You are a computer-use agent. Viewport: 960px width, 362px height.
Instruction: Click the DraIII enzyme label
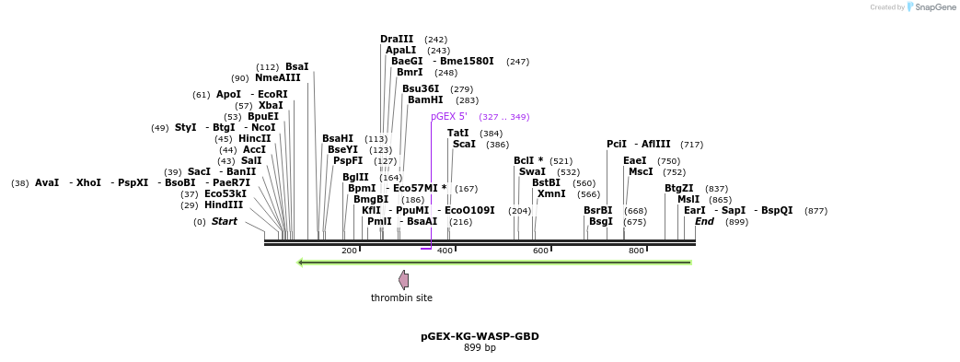tap(397, 39)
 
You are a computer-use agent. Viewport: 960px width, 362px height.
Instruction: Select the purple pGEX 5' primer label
tap(449, 117)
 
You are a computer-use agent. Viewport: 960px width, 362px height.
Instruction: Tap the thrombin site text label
tap(401, 298)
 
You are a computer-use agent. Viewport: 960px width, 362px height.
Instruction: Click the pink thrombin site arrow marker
tap(403, 279)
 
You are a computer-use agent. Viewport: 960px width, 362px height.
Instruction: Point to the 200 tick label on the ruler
tap(349, 251)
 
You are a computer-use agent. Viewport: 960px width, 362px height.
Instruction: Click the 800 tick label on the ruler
tap(636, 251)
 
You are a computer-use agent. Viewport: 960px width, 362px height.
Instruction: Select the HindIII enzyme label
tap(224, 205)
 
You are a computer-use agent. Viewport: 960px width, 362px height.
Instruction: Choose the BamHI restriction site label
tap(425, 99)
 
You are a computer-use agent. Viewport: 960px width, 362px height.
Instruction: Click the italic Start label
tap(225, 221)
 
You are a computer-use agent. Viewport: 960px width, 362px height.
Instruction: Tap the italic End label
tap(704, 221)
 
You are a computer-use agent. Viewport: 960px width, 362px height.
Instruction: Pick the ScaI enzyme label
tap(464, 144)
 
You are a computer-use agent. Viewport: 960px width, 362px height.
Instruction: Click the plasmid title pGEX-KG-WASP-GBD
tap(480, 336)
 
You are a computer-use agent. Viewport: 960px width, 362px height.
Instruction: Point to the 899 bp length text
tap(480, 348)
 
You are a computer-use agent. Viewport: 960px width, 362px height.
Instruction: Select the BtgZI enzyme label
tap(679, 188)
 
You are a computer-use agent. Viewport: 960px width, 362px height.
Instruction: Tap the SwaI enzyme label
tap(532, 171)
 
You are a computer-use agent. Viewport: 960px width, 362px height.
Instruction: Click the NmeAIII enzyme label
tap(278, 78)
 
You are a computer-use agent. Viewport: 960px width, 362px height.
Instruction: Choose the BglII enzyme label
tap(355, 177)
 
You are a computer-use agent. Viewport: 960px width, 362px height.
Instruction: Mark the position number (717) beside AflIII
tap(692, 145)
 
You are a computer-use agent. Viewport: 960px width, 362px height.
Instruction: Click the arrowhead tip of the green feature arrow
tap(299, 263)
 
